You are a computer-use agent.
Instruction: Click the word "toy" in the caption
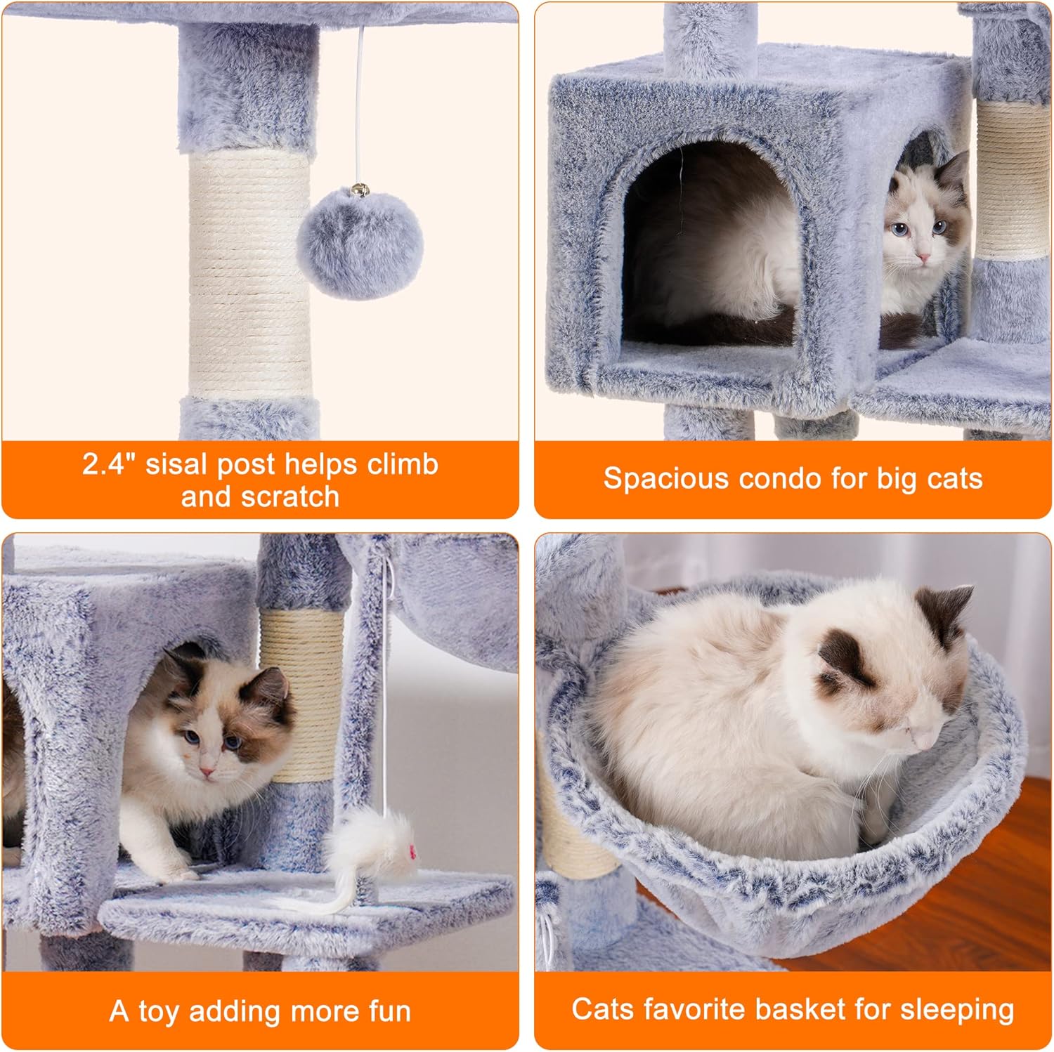click(x=160, y=1012)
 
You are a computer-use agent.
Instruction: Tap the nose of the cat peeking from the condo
click(x=923, y=258)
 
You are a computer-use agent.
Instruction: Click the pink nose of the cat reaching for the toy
click(x=207, y=772)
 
